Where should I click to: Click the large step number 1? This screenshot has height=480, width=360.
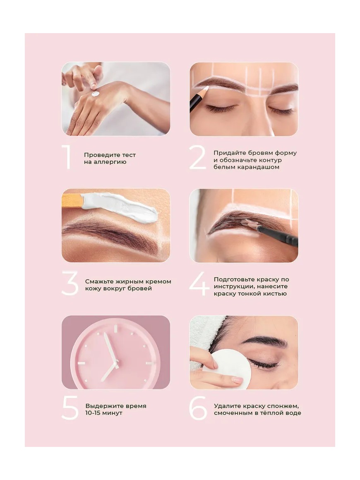[x=67, y=157]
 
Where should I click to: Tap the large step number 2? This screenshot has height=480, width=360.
[x=197, y=157]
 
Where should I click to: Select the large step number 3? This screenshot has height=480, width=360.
[x=70, y=283]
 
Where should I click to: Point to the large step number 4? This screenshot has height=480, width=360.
[x=199, y=284]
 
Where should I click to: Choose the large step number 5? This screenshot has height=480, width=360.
[x=70, y=408]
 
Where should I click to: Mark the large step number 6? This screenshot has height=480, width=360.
[x=198, y=408]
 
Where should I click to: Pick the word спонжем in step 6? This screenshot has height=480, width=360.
[x=283, y=406]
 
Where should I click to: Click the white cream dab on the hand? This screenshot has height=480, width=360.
[x=96, y=94]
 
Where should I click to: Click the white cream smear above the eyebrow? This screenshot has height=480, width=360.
[x=120, y=206]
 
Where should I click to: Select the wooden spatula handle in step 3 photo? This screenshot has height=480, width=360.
[x=72, y=201]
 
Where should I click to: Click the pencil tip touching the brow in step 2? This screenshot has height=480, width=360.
[x=207, y=88]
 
